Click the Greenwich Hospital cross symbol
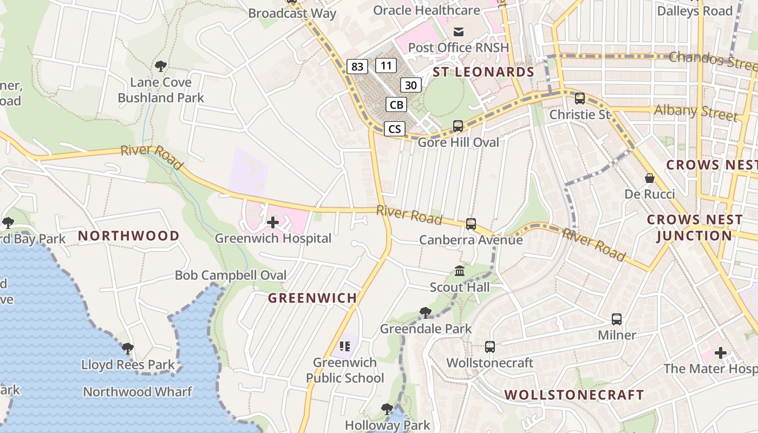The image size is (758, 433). click(x=273, y=222)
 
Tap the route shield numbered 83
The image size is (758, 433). click(x=357, y=67)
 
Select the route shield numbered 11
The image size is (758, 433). click(x=386, y=66)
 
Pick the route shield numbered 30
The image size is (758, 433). click(x=411, y=85)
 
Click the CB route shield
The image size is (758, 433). click(x=396, y=104)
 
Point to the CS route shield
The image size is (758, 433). click(x=395, y=129)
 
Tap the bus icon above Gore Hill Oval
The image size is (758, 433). click(x=458, y=126)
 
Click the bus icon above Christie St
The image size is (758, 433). click(x=580, y=99)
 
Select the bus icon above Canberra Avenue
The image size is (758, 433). click(x=471, y=224)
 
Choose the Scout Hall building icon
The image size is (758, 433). click(x=460, y=271)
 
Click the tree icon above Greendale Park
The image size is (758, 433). click(x=426, y=312)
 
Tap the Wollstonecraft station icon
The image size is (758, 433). click(x=490, y=346)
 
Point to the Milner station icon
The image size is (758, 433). click(x=617, y=319)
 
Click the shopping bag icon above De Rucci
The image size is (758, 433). click(x=650, y=178)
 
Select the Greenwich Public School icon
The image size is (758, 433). click(x=345, y=346)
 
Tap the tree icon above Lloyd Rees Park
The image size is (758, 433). click(x=128, y=349)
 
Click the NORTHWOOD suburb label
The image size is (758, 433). click(x=128, y=235)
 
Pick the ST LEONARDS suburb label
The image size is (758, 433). click(x=483, y=72)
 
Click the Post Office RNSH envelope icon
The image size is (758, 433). click(x=459, y=31)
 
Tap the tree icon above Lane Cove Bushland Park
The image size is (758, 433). click(x=160, y=67)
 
